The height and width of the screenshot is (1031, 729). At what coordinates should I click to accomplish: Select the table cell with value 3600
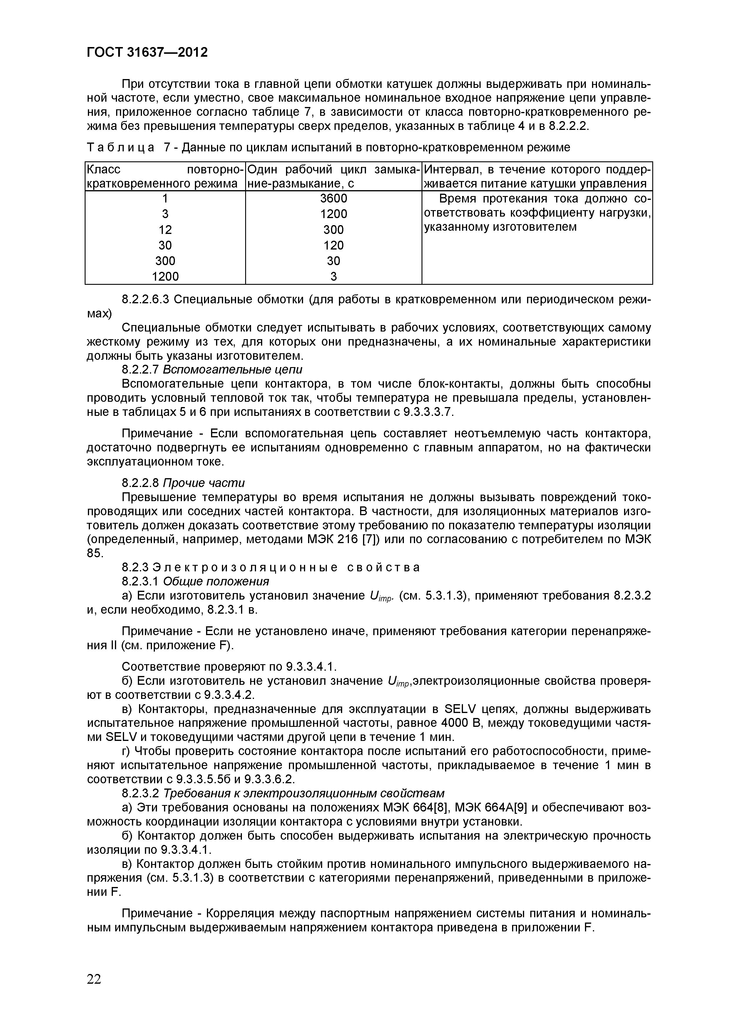[333, 198]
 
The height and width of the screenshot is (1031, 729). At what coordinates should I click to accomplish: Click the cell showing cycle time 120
[333, 245]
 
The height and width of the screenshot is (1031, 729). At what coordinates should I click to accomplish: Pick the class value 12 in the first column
[165, 230]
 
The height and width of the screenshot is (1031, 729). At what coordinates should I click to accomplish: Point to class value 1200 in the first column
[165, 277]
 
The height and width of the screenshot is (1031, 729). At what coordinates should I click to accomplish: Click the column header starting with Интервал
[537, 176]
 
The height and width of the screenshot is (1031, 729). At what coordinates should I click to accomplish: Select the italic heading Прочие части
[203, 483]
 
